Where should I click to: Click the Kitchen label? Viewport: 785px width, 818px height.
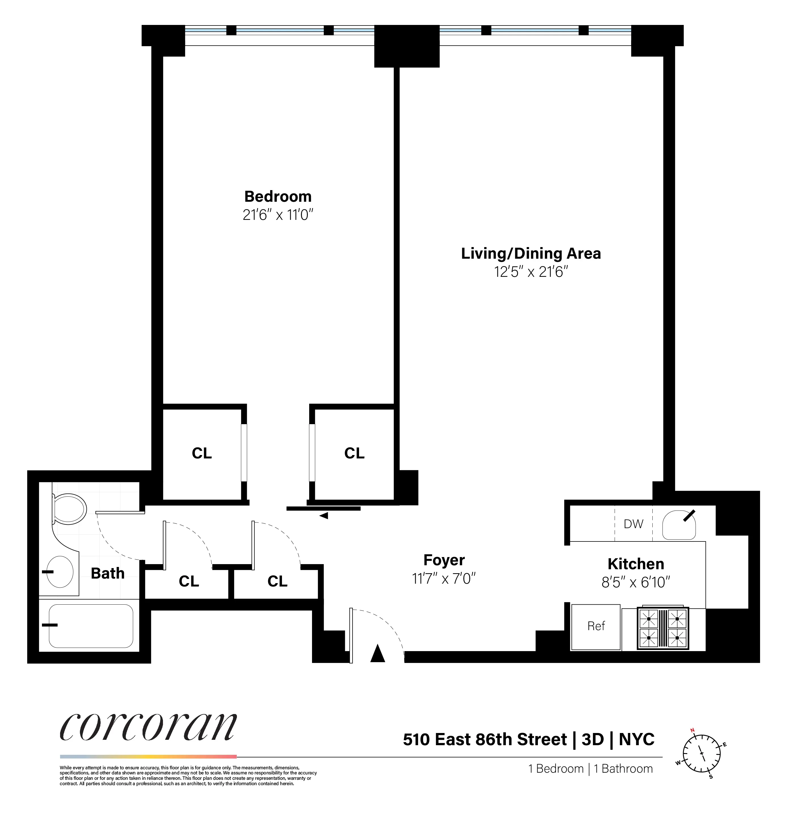pos(636,564)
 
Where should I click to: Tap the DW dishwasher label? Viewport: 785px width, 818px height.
pos(633,524)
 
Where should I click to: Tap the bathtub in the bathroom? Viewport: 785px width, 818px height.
pos(91,626)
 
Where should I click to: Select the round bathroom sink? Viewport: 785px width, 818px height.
pos(61,572)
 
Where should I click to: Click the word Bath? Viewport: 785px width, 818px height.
pos(108,573)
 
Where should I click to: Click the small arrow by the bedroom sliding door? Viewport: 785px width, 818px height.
pos(324,516)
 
